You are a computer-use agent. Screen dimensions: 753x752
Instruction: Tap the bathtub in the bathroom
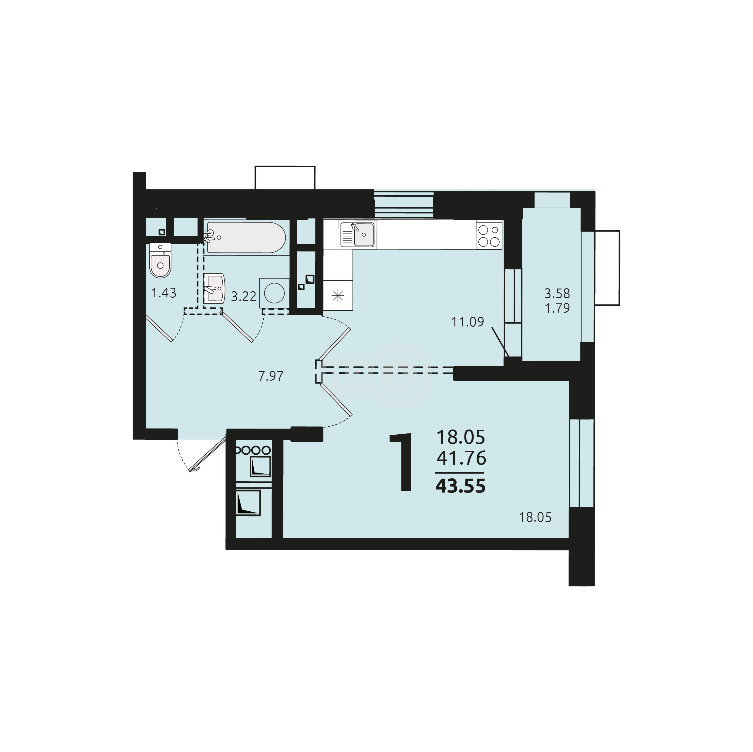pyautogui.click(x=245, y=238)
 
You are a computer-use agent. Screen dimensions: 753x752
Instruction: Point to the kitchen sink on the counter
pyautogui.click(x=357, y=235)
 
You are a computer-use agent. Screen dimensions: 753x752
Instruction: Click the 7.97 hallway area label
pyautogui.click(x=271, y=376)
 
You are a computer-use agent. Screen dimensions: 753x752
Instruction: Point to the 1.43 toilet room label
pyautogui.click(x=164, y=293)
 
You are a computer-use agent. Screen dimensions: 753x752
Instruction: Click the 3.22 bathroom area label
pyautogui.click(x=244, y=297)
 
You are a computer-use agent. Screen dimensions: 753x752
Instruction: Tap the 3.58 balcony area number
pyautogui.click(x=557, y=292)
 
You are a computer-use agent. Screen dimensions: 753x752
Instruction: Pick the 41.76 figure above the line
pyautogui.click(x=461, y=458)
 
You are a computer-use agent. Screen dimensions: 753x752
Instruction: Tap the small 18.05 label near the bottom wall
pyautogui.click(x=535, y=518)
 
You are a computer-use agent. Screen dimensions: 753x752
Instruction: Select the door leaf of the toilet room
pyautogui.click(x=159, y=328)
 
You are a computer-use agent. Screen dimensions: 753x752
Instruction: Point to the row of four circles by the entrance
pyautogui.click(x=252, y=450)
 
